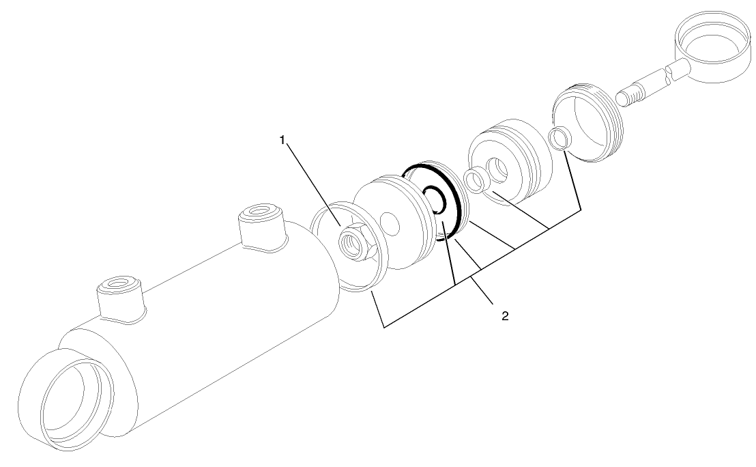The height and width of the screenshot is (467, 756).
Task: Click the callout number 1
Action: click(x=282, y=140)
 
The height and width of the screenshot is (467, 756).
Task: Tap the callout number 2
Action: click(x=504, y=316)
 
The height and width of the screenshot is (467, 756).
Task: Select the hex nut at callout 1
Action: click(x=355, y=242)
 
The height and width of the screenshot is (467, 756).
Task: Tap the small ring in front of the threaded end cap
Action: click(x=560, y=138)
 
